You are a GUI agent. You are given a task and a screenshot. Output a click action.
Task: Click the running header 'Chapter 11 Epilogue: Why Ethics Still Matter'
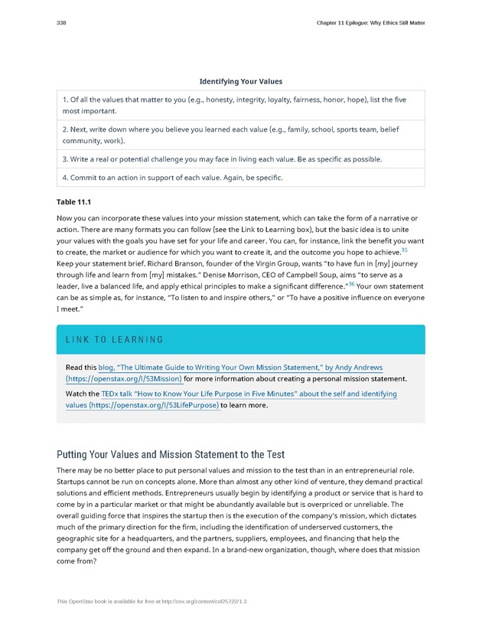pyautogui.click(x=370, y=23)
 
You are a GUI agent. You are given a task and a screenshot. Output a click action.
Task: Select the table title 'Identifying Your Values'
pyautogui.click(x=241, y=81)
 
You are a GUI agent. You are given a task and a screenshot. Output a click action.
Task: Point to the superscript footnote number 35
pyautogui.click(x=405, y=250)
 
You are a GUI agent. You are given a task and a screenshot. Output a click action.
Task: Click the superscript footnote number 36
pyautogui.click(x=351, y=283)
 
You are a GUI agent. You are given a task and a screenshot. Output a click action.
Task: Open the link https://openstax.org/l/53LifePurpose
pyautogui.click(x=154, y=405)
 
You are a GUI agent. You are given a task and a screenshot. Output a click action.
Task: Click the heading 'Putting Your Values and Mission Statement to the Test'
pyautogui.click(x=171, y=455)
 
